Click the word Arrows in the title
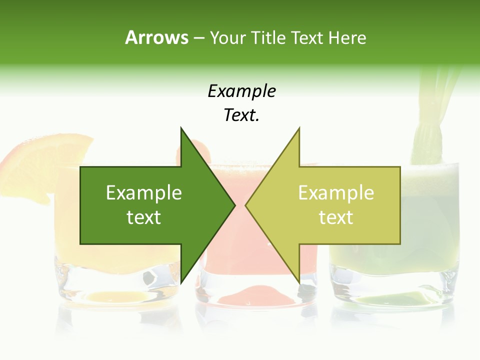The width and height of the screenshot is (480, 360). (x=156, y=37)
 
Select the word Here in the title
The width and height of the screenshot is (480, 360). (x=347, y=38)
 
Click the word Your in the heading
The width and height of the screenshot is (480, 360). (x=227, y=38)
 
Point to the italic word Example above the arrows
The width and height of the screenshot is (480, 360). (x=241, y=91)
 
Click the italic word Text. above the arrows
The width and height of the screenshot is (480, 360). (x=241, y=115)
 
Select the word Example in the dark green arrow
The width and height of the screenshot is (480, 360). (x=144, y=193)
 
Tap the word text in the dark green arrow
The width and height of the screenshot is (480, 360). (x=144, y=217)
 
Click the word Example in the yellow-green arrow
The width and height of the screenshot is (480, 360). (x=336, y=193)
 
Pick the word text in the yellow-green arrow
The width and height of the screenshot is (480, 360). (x=336, y=217)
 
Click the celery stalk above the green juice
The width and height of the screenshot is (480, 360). (x=432, y=115)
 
